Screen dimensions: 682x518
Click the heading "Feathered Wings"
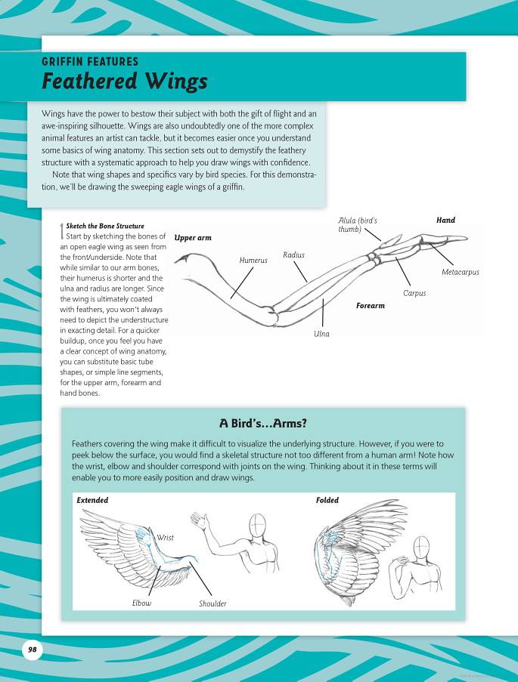click(x=124, y=81)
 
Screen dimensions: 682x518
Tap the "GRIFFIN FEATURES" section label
click(x=90, y=62)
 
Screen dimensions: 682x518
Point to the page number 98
click(x=32, y=650)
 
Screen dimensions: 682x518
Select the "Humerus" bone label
click(x=253, y=261)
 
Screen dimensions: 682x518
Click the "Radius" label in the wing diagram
click(x=294, y=255)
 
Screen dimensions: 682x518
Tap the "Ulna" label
click(x=321, y=333)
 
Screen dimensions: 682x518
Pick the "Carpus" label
click(x=414, y=293)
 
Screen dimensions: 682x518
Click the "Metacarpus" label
click(x=460, y=272)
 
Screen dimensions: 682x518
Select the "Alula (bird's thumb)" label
click(x=357, y=224)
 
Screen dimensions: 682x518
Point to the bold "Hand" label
click(x=445, y=220)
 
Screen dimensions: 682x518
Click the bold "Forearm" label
click(x=371, y=306)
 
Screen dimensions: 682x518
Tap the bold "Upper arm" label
click(x=193, y=238)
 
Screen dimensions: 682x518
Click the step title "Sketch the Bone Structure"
click(x=105, y=226)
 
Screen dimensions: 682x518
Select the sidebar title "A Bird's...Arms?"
click(x=262, y=423)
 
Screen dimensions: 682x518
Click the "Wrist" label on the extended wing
click(x=165, y=538)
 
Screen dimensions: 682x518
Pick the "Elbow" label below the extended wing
click(x=141, y=603)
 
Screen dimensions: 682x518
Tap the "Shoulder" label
click(x=212, y=603)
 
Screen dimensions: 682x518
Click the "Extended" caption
click(x=92, y=500)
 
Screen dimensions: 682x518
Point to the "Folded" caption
click(x=327, y=500)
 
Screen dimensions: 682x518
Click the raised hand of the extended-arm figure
click(x=199, y=520)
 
